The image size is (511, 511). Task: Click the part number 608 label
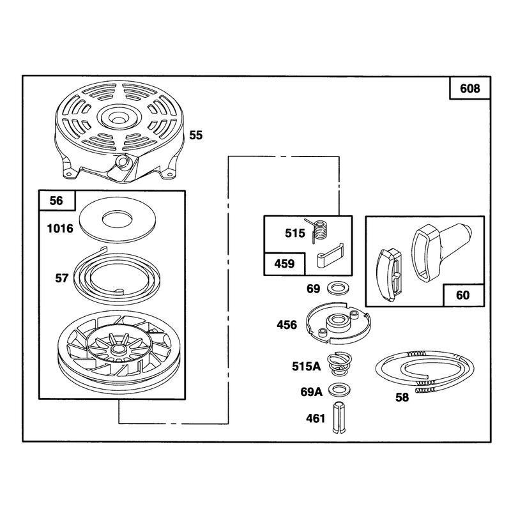[469, 88]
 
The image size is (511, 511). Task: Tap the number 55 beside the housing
[196, 135]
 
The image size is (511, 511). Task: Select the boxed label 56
[56, 201]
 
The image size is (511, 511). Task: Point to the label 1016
[60, 229]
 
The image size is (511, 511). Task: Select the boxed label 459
[284, 263]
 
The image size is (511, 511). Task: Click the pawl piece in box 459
[330, 256]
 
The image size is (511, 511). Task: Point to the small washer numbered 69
[339, 289]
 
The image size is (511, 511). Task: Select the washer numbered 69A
[339, 390]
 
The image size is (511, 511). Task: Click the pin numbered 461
[339, 418]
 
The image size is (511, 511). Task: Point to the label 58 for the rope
[402, 397]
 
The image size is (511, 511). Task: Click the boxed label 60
[462, 295]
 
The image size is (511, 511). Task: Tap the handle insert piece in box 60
[390, 275]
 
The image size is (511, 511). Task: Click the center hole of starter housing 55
[117, 116]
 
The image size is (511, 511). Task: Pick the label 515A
[307, 366]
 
